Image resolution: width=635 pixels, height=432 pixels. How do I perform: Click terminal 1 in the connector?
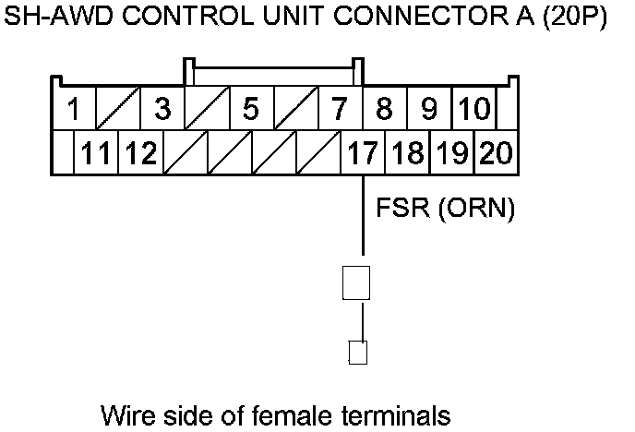[x=73, y=109]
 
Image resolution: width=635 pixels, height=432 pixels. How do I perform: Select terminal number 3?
[x=162, y=109]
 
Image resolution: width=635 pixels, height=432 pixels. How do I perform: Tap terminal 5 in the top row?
[x=251, y=109]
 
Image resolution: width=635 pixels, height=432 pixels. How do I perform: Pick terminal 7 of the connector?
[x=340, y=109]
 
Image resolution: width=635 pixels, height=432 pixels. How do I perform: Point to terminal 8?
[x=385, y=109]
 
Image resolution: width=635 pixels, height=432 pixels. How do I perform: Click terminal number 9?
[x=429, y=109]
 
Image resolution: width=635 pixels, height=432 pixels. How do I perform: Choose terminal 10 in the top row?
[x=473, y=109]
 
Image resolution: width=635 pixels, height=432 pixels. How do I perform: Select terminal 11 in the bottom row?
[x=95, y=152]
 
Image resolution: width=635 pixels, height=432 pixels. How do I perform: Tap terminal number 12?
[x=140, y=152]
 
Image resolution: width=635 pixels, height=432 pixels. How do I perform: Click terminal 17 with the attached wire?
[x=363, y=152]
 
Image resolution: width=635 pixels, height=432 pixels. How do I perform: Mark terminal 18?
[x=407, y=152]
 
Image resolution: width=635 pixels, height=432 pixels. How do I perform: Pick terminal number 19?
[x=451, y=152]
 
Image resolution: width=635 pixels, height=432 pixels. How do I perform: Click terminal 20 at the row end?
[x=497, y=152]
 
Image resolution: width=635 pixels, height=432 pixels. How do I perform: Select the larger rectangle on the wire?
[x=356, y=282]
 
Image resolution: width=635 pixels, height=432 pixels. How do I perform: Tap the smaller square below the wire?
[x=358, y=353]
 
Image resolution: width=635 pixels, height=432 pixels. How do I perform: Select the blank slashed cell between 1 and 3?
[x=117, y=109]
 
